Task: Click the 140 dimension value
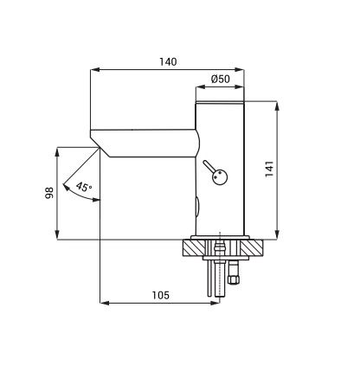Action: pos(168,61)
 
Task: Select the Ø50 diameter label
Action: pos(221,79)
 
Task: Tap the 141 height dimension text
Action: pos(269,170)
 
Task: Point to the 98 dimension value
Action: pos(49,193)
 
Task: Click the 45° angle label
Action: pos(84,187)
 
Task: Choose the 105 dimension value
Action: pos(161,295)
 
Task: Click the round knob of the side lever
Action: pos(220,176)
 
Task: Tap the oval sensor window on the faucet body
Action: pos(197,207)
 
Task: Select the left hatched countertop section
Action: pos(195,248)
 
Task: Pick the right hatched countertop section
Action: pos(252,248)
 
